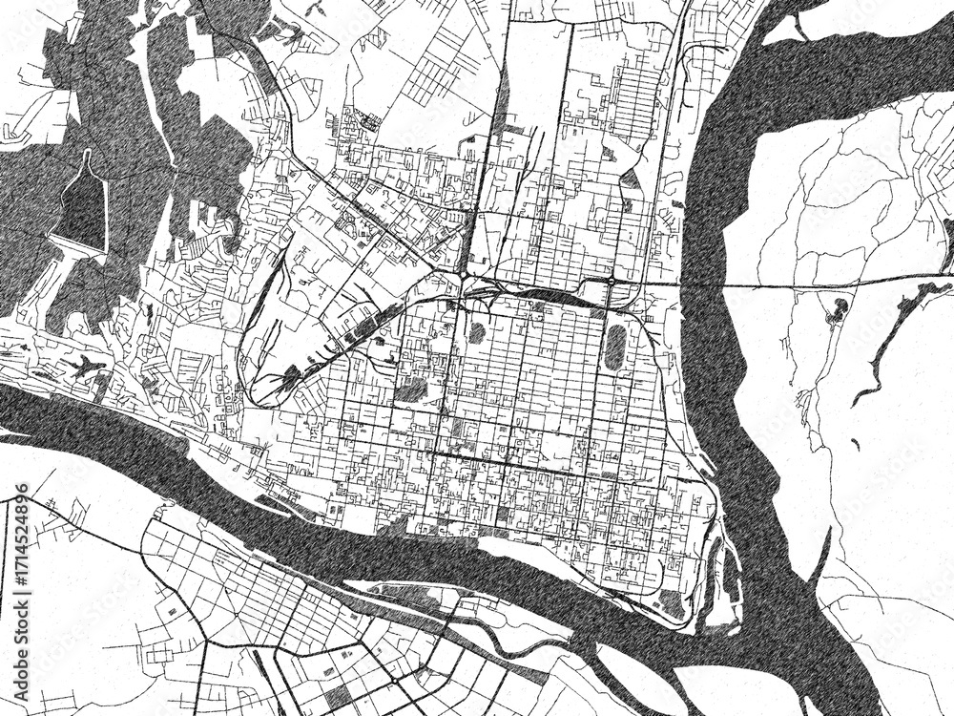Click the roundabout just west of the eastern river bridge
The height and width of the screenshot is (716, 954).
coord(610,283)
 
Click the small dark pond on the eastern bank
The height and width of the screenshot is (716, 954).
coord(840,306)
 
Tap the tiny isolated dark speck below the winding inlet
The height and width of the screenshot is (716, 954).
coord(856,442)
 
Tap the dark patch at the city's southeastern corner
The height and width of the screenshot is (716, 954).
coord(673,603)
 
